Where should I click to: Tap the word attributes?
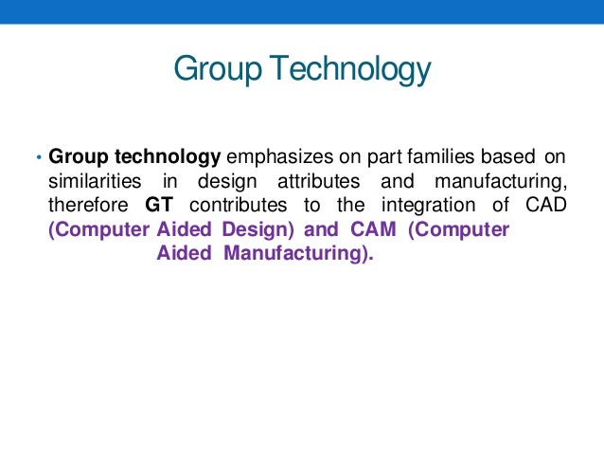pos(316,181)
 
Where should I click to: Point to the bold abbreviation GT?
pos(159,206)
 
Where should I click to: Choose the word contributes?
pos(231,206)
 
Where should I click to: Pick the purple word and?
pos(319,230)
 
